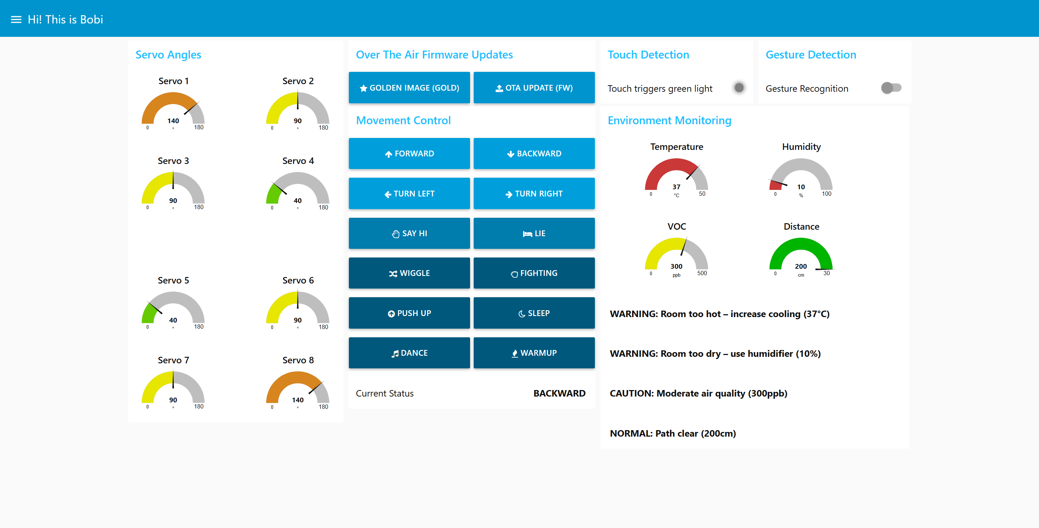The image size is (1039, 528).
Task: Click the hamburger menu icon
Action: [16, 20]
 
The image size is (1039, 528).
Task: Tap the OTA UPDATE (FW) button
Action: [534, 88]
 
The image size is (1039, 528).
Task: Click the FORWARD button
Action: [409, 153]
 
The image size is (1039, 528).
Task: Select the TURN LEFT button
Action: [409, 193]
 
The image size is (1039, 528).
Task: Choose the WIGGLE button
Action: [409, 273]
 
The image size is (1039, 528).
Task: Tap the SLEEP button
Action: [534, 313]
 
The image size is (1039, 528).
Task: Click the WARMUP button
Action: [534, 353]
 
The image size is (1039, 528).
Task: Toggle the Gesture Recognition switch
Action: [891, 88]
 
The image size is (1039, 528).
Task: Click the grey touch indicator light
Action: [739, 88]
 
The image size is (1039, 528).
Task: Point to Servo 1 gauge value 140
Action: [173, 121]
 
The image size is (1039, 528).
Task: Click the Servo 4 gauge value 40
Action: [298, 201]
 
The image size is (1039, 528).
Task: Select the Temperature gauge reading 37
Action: [676, 187]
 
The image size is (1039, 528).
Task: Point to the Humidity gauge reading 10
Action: [801, 187]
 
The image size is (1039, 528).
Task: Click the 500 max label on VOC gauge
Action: [702, 273]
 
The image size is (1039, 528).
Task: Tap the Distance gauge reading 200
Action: [801, 267]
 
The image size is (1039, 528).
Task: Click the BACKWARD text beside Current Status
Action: [559, 393]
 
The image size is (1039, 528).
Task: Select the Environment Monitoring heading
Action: [669, 120]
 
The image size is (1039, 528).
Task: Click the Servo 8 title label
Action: [298, 360]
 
